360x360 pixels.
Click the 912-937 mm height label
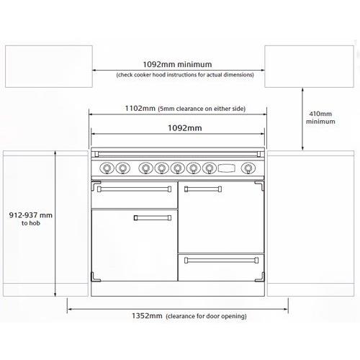31,215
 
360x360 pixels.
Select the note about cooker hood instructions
179,75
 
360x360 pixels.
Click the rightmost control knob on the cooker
248,169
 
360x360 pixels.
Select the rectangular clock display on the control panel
228,169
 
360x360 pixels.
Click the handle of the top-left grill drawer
134,190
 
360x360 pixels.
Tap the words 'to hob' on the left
31,224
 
